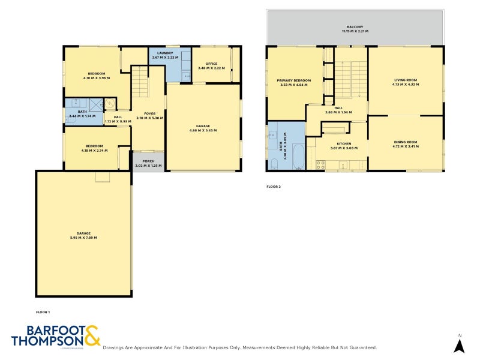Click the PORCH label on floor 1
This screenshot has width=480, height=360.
tap(143, 161)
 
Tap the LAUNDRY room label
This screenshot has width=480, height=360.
tap(165, 53)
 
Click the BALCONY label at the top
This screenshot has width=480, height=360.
tap(355, 27)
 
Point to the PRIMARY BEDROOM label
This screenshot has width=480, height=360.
tap(293, 80)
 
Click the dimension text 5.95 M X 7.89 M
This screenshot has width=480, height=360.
tap(83, 238)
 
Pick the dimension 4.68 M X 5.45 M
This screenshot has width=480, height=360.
tap(202, 130)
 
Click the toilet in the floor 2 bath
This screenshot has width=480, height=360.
tap(274, 163)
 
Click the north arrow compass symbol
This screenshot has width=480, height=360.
tap(459, 345)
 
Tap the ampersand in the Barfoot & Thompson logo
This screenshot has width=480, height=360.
tap(91, 335)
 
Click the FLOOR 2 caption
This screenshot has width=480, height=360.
tap(274, 187)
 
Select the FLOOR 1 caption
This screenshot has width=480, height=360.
tap(43, 312)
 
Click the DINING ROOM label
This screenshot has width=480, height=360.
tap(405, 142)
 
